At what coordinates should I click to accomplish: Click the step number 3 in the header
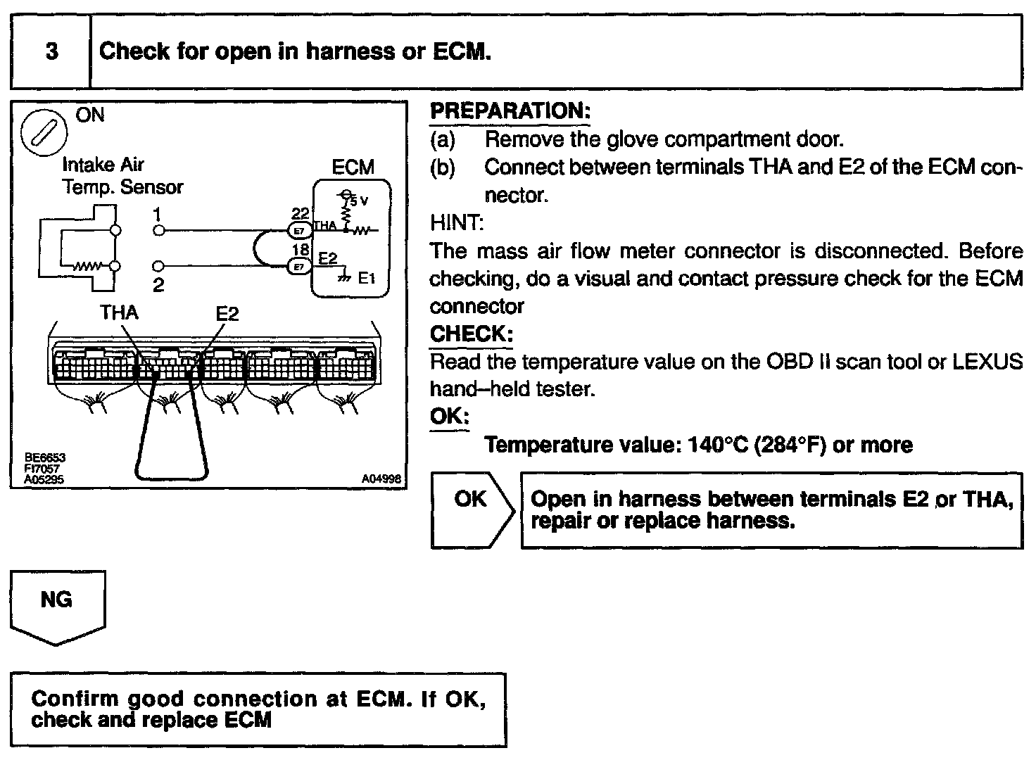51,52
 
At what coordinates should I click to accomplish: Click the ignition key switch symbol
44,134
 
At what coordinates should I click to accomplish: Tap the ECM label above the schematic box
353,167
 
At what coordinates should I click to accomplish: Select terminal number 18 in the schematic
301,250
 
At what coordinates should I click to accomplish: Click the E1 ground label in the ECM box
367,278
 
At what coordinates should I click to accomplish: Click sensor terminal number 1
158,214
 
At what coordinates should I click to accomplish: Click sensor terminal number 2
158,285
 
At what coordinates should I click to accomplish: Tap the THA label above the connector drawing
118,312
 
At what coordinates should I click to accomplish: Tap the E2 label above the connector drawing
227,313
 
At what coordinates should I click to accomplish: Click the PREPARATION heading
510,111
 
